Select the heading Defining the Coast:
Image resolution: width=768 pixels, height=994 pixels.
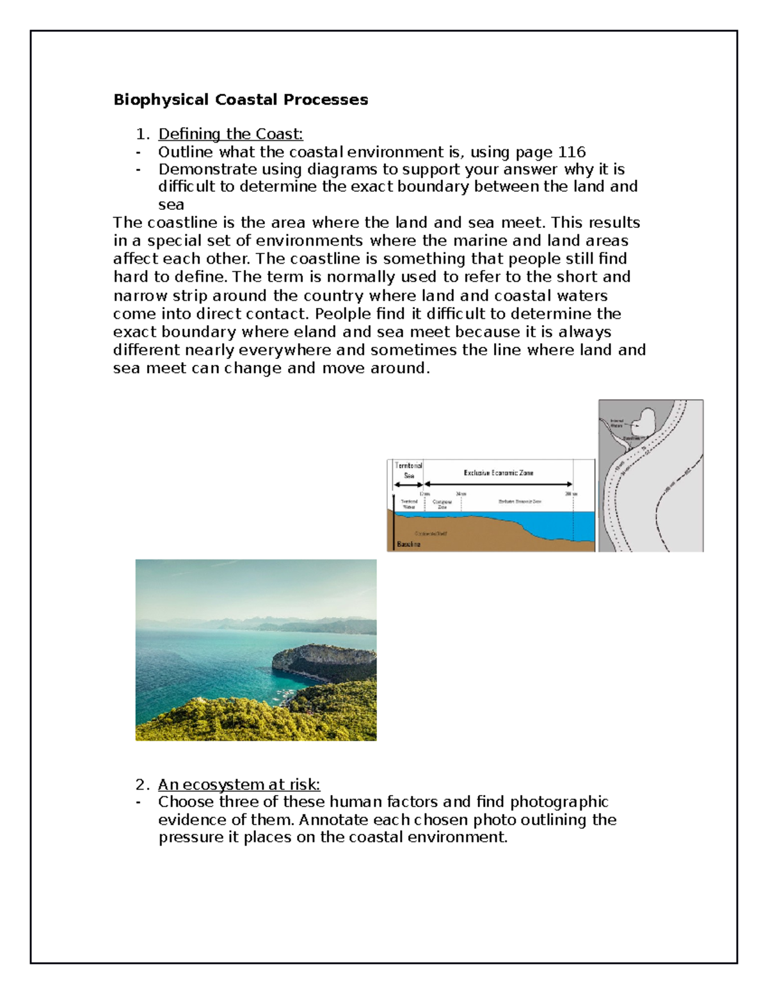pyautogui.click(x=230, y=134)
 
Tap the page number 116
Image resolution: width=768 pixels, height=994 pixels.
pyautogui.click(x=572, y=152)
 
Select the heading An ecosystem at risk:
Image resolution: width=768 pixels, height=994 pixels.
pyautogui.click(x=239, y=784)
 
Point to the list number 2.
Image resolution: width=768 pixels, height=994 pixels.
pyautogui.click(x=142, y=784)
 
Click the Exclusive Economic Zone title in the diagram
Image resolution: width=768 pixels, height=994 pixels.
pyautogui.click(x=498, y=473)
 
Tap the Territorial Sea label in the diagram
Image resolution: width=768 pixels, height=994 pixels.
pyautogui.click(x=408, y=470)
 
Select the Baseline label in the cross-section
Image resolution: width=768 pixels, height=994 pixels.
pyautogui.click(x=409, y=544)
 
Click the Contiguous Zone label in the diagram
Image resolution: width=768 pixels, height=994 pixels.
pyautogui.click(x=442, y=504)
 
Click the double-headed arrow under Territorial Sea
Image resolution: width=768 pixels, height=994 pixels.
pyautogui.click(x=408, y=485)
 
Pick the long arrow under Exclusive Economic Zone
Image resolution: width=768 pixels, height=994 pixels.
pyautogui.click(x=498, y=485)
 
